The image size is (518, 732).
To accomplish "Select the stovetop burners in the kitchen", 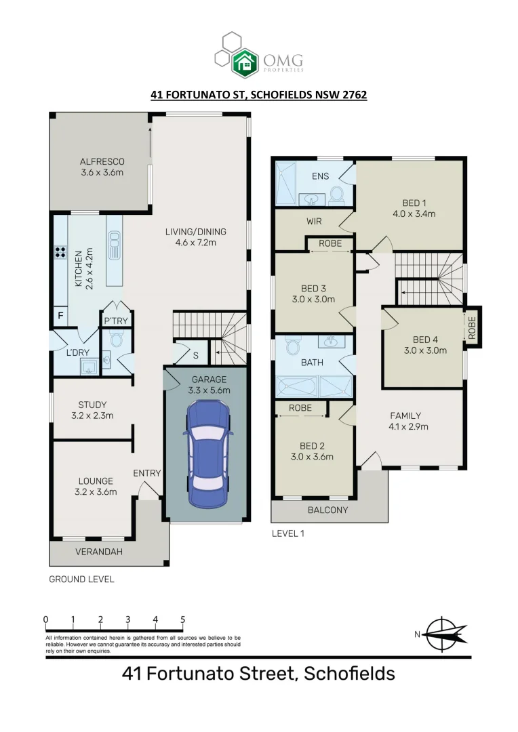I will coord(60,253).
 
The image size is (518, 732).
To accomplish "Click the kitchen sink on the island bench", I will coord(113,243).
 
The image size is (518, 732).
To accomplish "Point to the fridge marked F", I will coord(60,316).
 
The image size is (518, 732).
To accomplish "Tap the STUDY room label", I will coord(92,405).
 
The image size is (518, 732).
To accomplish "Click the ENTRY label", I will coord(146,473).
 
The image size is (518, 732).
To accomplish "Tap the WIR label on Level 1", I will coord(314,221).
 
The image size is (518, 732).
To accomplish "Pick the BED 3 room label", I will coord(314,288).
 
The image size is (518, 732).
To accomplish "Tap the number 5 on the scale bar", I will coord(182,619).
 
